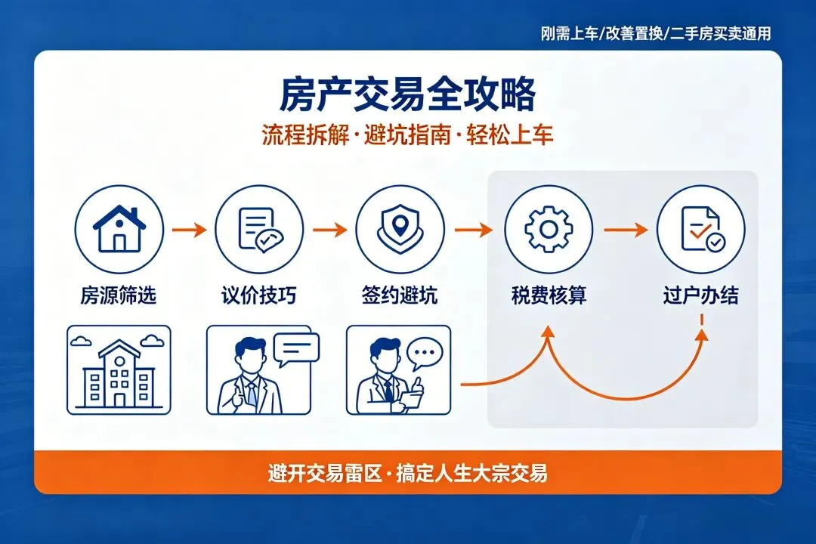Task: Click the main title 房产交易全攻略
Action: pos(407,96)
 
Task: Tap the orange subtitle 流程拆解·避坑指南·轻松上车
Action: pos(407,135)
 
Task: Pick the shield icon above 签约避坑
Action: pos(399,228)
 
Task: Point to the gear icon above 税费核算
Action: pos(549,228)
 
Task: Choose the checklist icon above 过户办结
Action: pos(700,228)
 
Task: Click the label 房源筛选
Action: pos(119,295)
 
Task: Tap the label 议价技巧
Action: pos(258,295)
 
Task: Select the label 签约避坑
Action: pos(399,295)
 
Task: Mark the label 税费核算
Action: pos(549,295)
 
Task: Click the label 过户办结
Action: pos(700,295)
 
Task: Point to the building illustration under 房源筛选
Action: pos(119,370)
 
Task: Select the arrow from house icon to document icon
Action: pos(189,229)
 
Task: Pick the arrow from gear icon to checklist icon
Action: pos(625,229)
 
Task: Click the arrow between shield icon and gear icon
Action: pos(473,229)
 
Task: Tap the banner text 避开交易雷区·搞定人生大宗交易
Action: pos(407,474)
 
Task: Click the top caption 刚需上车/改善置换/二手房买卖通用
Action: pos(656,33)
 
